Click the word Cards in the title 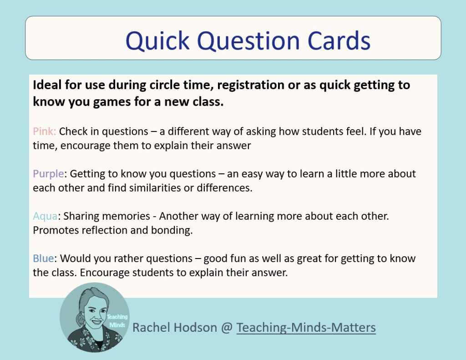pos(339,41)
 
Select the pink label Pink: pos(45,132)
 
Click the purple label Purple pos(49,174)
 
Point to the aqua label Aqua pos(45,216)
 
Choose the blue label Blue pos(43,259)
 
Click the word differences pos(225,188)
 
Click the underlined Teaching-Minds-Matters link pos(306,327)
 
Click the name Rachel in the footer pos(149,327)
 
